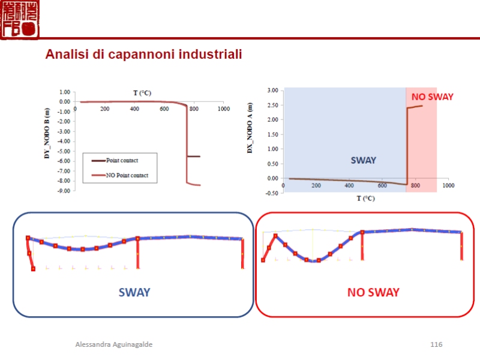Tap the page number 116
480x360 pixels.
(436, 344)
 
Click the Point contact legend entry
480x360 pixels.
(122, 161)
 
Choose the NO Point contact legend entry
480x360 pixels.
(127, 175)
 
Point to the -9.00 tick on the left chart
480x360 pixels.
(64, 191)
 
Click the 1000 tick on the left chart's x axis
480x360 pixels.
(224, 109)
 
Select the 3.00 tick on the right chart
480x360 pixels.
(272, 91)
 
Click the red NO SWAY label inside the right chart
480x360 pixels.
(432, 97)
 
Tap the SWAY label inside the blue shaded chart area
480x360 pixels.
(363, 160)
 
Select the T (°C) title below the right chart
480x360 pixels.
(365, 198)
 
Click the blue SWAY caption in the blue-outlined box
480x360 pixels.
(134, 292)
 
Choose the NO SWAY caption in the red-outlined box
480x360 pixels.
(373, 292)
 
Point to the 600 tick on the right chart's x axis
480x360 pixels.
(382, 185)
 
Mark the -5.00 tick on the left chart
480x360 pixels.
(64, 151)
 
